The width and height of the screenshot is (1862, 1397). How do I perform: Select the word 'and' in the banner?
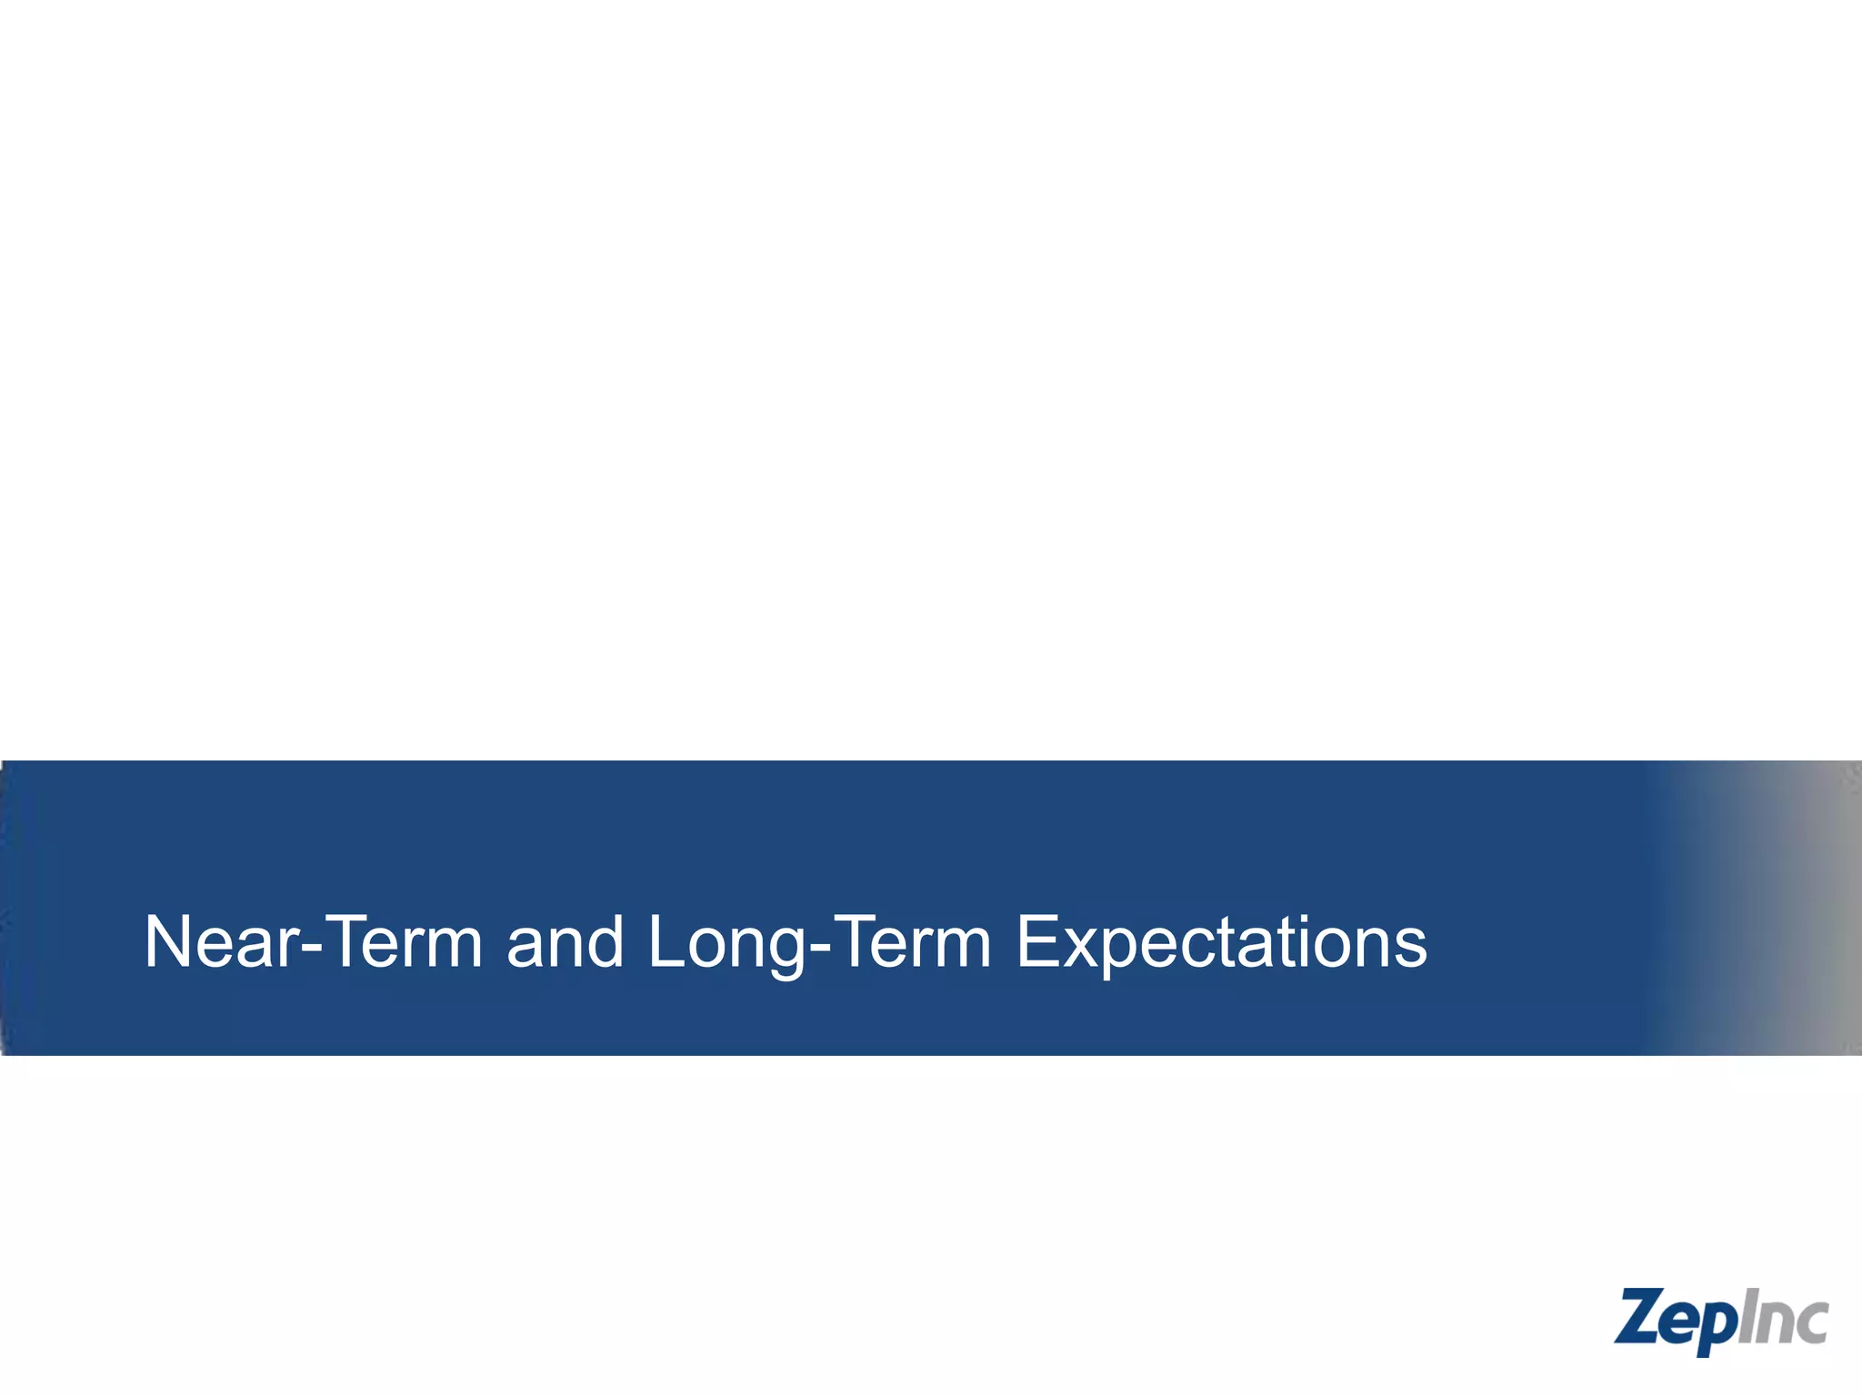[565, 943]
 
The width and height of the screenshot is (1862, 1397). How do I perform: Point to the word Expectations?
[1221, 943]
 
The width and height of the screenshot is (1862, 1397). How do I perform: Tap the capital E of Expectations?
[1036, 943]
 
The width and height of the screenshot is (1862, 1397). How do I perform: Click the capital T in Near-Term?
[346, 943]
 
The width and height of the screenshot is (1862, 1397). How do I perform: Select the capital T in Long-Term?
[854, 943]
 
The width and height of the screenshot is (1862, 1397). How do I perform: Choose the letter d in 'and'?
[603, 943]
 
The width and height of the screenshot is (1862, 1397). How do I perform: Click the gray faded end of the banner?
[1809, 907]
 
